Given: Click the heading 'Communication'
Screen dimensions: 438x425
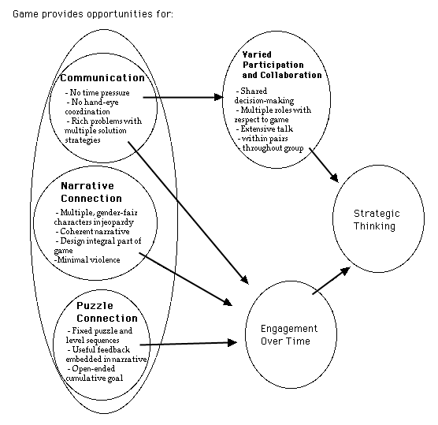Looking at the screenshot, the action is [102, 78].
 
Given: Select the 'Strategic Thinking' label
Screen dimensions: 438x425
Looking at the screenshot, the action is [377, 220].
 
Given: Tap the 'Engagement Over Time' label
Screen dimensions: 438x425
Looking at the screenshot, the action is [289, 334].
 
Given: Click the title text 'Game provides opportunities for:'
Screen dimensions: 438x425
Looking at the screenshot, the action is [93, 14].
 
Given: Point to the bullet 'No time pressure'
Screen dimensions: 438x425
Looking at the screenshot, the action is [97, 92].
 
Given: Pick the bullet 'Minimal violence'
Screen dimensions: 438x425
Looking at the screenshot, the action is [87, 259].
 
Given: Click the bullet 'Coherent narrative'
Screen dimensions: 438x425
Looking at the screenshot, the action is [92, 232].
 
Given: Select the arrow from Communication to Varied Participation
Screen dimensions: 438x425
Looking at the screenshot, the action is [184, 97].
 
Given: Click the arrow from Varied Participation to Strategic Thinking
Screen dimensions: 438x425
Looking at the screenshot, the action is [324, 166].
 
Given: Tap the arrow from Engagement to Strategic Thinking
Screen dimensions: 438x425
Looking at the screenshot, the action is [332, 281].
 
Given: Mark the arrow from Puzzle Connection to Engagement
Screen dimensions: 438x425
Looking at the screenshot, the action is [188, 343].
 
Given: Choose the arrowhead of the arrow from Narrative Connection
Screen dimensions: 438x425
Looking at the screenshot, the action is [228, 302].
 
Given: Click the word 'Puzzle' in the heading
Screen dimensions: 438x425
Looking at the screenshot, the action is [95, 306].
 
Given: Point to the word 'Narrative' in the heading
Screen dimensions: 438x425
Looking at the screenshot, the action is [87, 185].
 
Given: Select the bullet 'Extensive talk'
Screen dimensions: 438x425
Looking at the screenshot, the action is [265, 129].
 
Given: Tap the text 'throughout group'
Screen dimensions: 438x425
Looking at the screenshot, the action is [273, 148].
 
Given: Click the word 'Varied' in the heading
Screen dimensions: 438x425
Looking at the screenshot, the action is [257, 54].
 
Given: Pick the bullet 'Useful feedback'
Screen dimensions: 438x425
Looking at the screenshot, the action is [98, 350].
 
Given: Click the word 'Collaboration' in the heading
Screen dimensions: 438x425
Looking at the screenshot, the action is [291, 75].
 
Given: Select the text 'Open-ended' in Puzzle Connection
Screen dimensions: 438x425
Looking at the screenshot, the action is [91, 369].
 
